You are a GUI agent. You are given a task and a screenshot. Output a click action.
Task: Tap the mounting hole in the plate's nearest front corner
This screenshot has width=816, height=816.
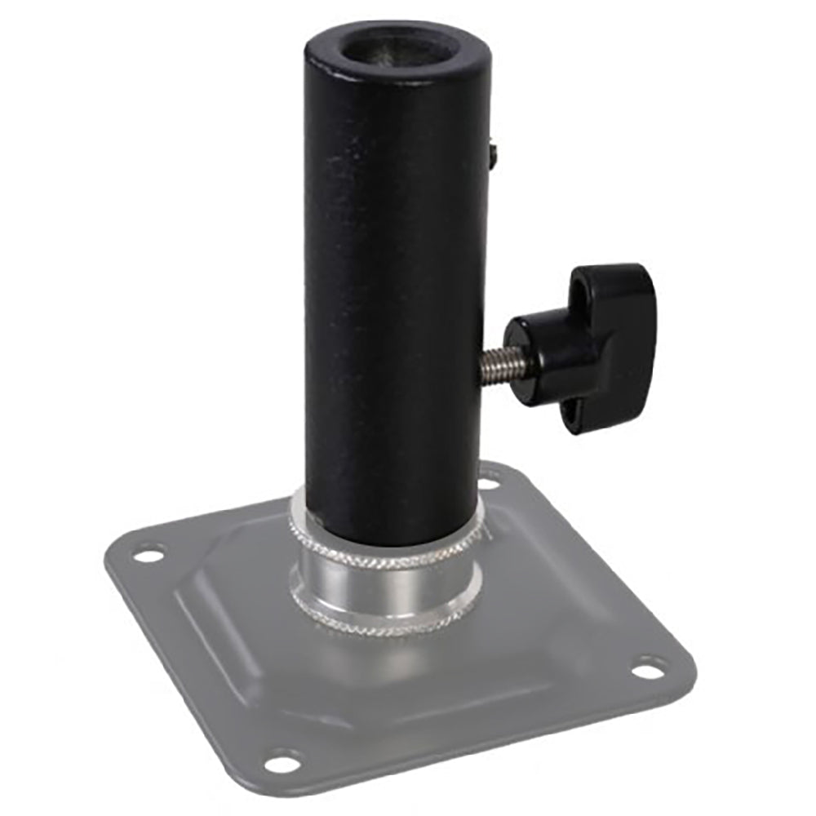point(282,764)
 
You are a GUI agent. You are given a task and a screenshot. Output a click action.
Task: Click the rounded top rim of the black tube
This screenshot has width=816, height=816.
point(326,49)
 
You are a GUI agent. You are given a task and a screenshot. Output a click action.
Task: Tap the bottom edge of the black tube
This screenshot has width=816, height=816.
point(384,542)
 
